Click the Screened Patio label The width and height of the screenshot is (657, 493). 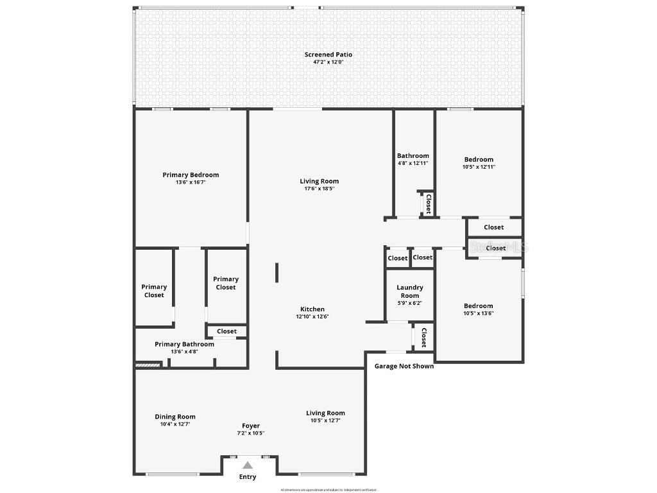pos(328,55)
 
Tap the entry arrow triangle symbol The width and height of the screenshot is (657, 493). pos(248,465)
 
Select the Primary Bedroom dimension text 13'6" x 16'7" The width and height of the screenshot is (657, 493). pos(191,182)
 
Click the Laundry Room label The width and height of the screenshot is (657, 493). pos(410,291)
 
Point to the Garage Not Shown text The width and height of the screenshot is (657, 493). pos(404,366)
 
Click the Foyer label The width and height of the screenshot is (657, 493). pos(251,426)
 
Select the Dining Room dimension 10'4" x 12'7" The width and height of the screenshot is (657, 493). pos(175,424)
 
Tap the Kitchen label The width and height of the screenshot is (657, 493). pos(312,309)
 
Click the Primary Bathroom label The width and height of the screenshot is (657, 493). pos(184,344)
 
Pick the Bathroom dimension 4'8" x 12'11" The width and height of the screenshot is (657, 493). pos(413,163)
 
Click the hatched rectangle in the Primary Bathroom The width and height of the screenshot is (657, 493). pos(147,366)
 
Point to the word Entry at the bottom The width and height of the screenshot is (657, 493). pos(248,477)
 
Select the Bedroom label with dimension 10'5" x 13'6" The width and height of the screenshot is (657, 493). pos(479,306)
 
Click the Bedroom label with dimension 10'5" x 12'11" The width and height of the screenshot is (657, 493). pos(479,159)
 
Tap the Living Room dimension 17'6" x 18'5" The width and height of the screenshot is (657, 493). pos(319,189)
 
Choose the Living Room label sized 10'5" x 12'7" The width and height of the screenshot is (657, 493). pos(325,413)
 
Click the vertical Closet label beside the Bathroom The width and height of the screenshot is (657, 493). pos(428,204)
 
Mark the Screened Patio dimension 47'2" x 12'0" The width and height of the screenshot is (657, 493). pos(328,62)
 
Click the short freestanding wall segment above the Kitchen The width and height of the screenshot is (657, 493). pos(277,272)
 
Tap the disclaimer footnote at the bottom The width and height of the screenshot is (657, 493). pos(328,490)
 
